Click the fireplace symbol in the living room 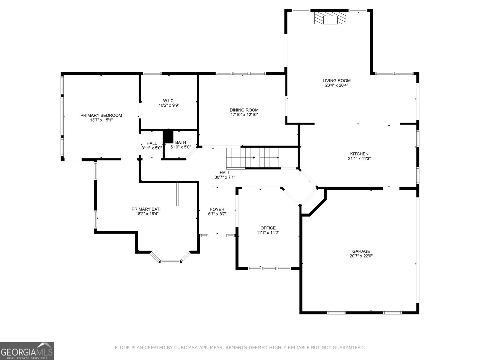330,18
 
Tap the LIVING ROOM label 336,80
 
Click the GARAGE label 361,251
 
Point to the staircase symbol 253,157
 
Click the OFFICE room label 268,228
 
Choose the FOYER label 217,209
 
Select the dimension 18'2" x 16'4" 147,214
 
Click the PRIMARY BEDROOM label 101,115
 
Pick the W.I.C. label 169,100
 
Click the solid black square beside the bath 168,136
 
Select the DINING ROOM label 244,110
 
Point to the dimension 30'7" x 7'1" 225,177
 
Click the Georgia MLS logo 27,351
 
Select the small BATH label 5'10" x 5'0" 181,142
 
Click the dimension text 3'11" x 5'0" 151,148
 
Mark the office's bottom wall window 269,268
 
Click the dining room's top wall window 241,73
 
